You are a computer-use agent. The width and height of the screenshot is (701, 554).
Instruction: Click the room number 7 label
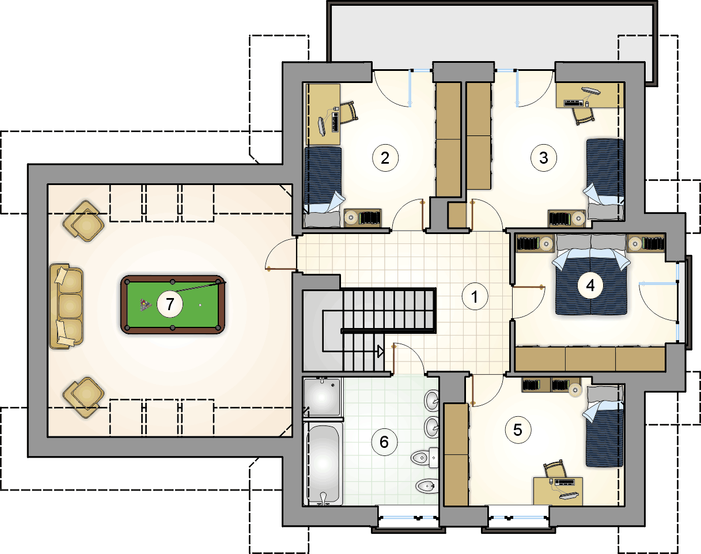pyautogui.click(x=170, y=304)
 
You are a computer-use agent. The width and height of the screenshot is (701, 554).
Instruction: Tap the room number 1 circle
pyautogui.click(x=475, y=296)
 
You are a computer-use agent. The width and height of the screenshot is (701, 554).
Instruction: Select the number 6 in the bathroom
pyautogui.click(x=384, y=442)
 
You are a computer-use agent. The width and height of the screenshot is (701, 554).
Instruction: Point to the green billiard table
pyautogui.click(x=173, y=304)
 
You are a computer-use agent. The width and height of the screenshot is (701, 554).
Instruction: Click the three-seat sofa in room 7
pyautogui.click(x=66, y=307)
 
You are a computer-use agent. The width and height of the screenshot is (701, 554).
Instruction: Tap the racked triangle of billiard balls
pyautogui.click(x=145, y=305)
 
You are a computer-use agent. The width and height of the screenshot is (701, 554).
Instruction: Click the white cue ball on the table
pyautogui.click(x=200, y=305)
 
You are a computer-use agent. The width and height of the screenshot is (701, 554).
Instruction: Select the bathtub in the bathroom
pyautogui.click(x=323, y=463)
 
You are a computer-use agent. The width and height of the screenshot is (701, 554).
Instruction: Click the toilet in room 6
pyautogui.click(x=425, y=458)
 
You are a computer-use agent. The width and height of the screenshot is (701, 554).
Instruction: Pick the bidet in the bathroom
pyautogui.click(x=427, y=486)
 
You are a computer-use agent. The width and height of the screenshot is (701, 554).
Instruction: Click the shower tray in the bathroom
pyautogui.click(x=322, y=397)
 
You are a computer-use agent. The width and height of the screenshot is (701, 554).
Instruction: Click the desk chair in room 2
pyautogui.click(x=348, y=112)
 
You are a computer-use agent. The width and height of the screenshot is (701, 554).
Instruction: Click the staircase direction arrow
pyautogui.click(x=381, y=352)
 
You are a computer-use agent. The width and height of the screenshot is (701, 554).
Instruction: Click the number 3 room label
pyautogui.click(x=543, y=158)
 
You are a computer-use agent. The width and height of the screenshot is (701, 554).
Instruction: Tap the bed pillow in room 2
pyautogui.click(x=323, y=219)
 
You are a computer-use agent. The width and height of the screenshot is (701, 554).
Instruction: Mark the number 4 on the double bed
pyautogui.click(x=590, y=285)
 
